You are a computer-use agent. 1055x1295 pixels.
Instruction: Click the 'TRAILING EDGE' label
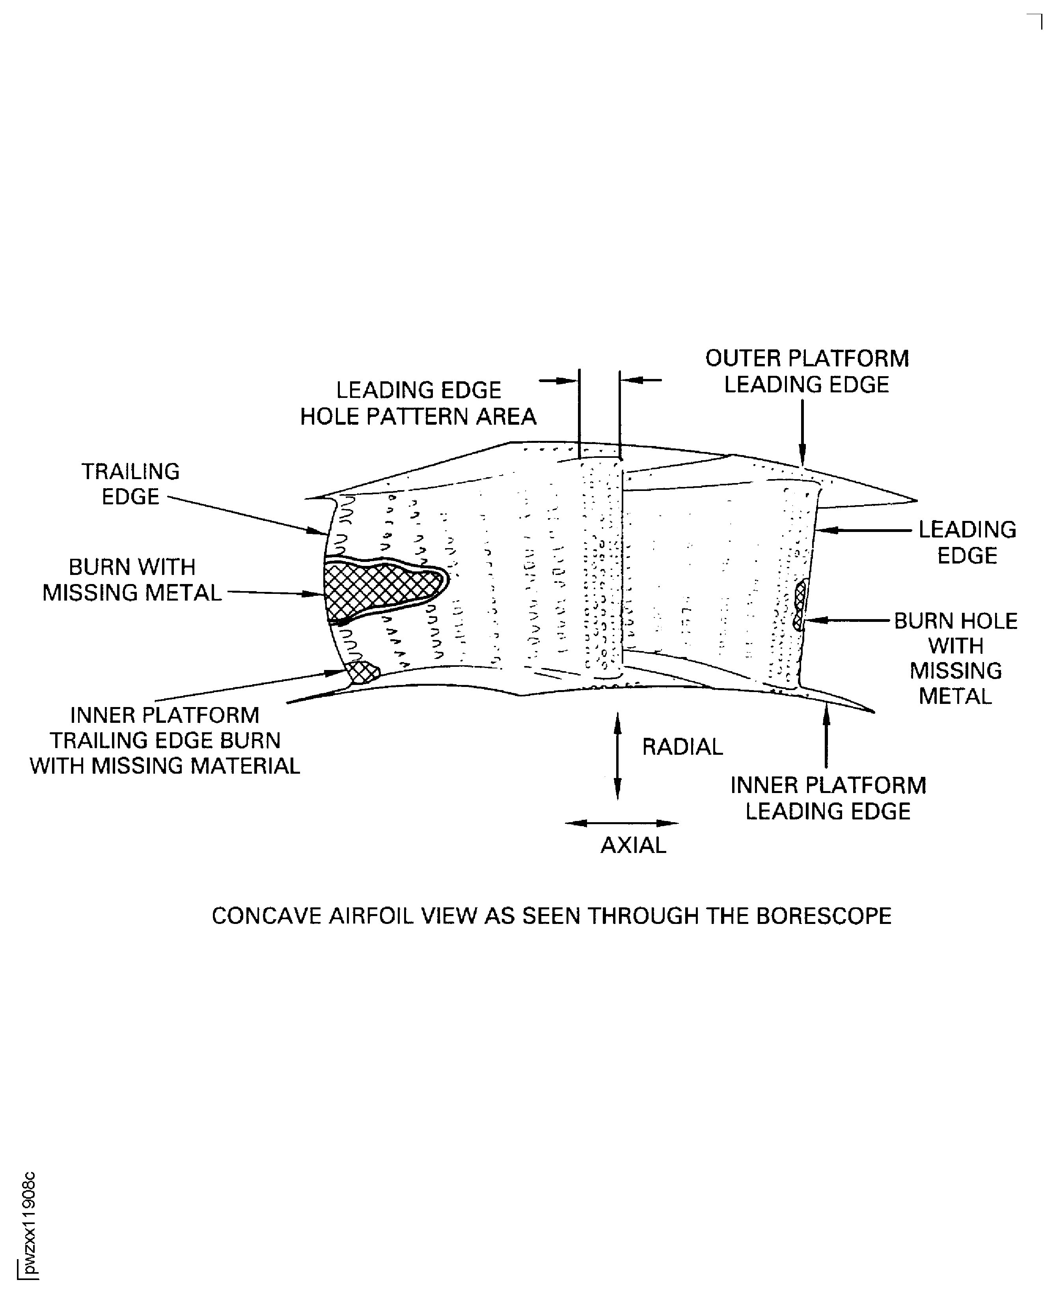point(130,484)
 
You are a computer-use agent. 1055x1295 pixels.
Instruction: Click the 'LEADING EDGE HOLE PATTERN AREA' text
point(418,403)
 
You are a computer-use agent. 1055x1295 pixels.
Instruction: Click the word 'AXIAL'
point(633,845)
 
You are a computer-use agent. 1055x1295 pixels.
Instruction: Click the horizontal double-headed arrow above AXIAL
point(621,823)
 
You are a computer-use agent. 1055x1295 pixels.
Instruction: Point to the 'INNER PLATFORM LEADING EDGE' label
point(828,798)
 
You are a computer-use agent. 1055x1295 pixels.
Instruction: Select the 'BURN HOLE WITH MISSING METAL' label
point(955,658)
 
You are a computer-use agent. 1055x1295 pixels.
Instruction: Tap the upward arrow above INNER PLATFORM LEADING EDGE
point(825,735)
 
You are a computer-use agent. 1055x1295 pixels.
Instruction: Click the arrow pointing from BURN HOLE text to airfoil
point(847,620)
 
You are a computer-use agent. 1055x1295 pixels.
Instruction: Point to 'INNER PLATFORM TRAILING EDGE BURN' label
point(165,740)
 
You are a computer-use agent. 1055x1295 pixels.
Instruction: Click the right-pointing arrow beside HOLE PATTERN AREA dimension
point(558,381)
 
